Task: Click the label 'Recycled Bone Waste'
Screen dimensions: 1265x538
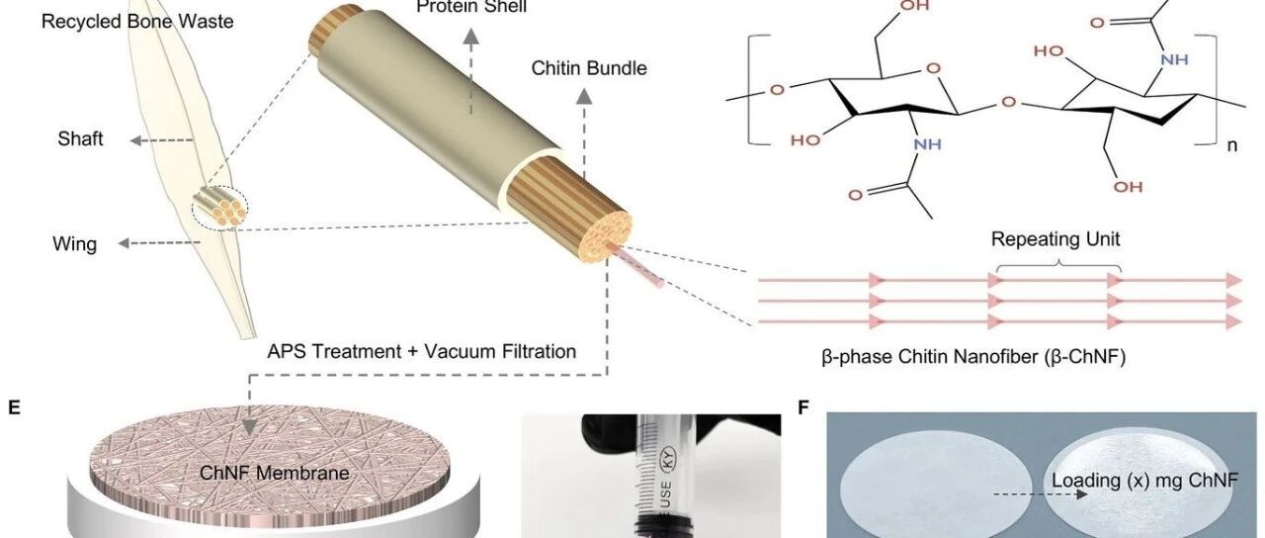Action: coord(137,22)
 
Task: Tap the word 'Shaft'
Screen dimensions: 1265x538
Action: coord(80,138)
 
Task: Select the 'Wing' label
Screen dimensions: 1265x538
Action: coord(74,244)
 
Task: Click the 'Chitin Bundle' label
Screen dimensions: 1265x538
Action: coord(589,68)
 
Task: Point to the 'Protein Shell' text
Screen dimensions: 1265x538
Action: coord(471,7)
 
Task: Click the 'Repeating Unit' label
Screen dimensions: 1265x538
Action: coord(1055,239)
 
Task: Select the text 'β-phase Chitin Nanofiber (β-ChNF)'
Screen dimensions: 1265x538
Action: coord(973,357)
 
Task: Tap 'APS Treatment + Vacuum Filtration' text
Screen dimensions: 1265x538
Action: coord(422,351)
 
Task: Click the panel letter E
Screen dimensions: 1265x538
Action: coord(14,407)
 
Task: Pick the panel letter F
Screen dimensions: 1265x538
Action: coord(803,407)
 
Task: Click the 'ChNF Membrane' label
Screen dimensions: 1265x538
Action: coord(275,473)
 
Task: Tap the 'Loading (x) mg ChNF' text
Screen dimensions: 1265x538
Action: coord(1144,481)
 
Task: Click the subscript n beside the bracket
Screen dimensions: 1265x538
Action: coord(1231,145)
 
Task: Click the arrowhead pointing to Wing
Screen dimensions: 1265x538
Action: coord(124,243)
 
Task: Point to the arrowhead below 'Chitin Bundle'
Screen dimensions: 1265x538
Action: coord(584,97)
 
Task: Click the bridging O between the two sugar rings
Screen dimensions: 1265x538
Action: coord(1008,103)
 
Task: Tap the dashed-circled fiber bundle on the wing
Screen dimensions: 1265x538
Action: coord(219,208)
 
